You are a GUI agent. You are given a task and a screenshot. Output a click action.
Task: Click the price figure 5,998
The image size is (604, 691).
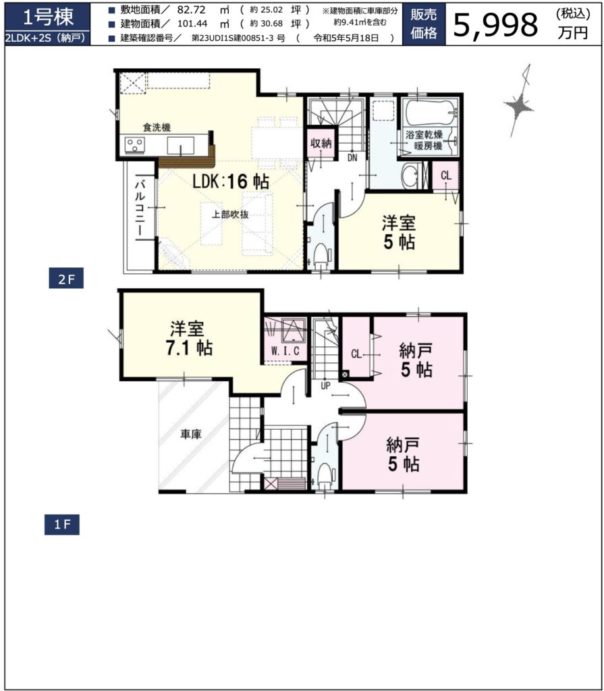(495, 24)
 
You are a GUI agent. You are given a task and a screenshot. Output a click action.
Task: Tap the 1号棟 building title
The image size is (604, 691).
(48, 17)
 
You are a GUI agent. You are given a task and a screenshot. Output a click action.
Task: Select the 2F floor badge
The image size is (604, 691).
(66, 279)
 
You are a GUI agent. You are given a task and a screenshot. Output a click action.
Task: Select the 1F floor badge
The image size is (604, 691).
(62, 524)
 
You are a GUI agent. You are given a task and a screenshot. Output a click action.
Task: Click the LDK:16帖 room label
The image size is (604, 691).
(231, 182)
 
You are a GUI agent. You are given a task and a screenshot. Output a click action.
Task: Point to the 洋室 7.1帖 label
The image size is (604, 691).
(188, 339)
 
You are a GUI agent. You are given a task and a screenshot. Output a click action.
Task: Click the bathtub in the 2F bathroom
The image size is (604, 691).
(431, 113)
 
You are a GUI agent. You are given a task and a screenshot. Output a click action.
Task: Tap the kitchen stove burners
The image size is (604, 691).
(135, 145)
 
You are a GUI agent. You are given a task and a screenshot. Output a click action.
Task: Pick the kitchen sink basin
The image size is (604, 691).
(180, 146)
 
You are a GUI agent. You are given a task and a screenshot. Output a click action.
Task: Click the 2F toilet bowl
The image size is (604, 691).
(321, 254)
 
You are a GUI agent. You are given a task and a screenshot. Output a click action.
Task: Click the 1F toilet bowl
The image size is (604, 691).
(325, 475)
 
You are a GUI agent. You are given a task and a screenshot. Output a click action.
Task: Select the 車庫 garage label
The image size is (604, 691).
(191, 434)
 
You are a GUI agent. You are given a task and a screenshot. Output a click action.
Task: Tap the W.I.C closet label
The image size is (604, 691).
(285, 351)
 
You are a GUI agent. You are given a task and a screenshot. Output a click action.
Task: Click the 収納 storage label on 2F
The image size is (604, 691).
(321, 142)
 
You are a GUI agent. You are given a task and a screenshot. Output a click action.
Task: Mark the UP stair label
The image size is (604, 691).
(325, 386)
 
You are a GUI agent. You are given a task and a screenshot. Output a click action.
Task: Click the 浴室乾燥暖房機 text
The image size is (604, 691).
(424, 140)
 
